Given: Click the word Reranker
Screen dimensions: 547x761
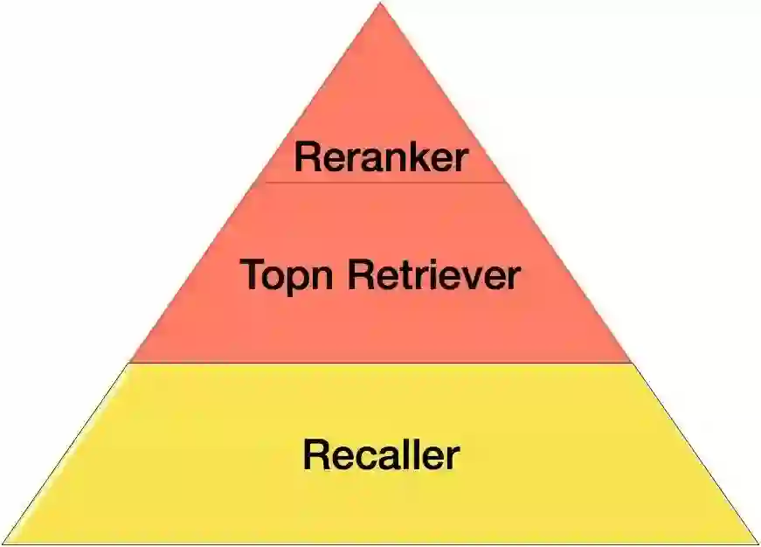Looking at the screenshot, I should pos(381,158).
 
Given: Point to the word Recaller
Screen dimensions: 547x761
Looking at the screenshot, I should pos(381,455).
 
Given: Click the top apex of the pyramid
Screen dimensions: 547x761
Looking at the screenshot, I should pos(380,3).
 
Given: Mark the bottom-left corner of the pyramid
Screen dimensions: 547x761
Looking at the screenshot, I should pos(4,543).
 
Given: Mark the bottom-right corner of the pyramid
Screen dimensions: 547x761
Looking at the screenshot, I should pos(757,543).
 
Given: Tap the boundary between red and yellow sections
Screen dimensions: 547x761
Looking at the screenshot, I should pos(381,363).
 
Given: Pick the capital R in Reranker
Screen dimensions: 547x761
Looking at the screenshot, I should pos(306,158).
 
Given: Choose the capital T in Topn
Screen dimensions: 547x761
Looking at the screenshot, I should pos(253,276).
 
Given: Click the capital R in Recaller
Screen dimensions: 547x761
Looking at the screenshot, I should pos(315,455).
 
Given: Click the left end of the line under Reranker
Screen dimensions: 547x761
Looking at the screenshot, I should pos(263,183).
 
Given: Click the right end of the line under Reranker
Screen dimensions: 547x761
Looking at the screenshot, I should pos(506,183).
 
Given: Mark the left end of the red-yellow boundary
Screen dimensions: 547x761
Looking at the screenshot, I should pos(131,363).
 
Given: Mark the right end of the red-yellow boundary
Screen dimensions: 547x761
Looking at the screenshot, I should pos(631,363).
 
